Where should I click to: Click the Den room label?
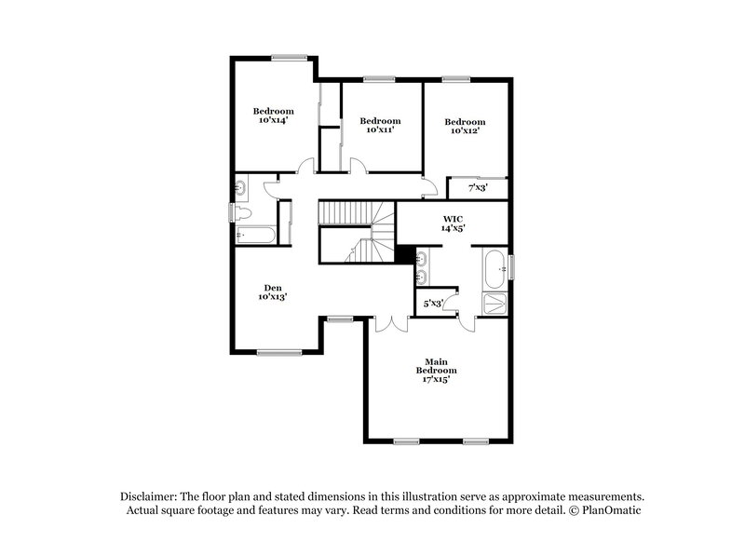click(x=273, y=288)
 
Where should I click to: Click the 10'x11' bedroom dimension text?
click(x=380, y=129)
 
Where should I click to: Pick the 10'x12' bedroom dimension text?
click(x=464, y=130)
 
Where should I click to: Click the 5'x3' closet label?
click(x=433, y=304)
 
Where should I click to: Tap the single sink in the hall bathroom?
click(x=240, y=188)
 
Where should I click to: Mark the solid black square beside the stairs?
click(x=404, y=253)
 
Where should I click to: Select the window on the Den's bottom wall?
click(x=279, y=351)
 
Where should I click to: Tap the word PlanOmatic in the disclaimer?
click(x=610, y=510)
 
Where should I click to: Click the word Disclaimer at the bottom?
click(x=151, y=496)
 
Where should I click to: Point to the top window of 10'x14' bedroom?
click(x=291, y=59)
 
